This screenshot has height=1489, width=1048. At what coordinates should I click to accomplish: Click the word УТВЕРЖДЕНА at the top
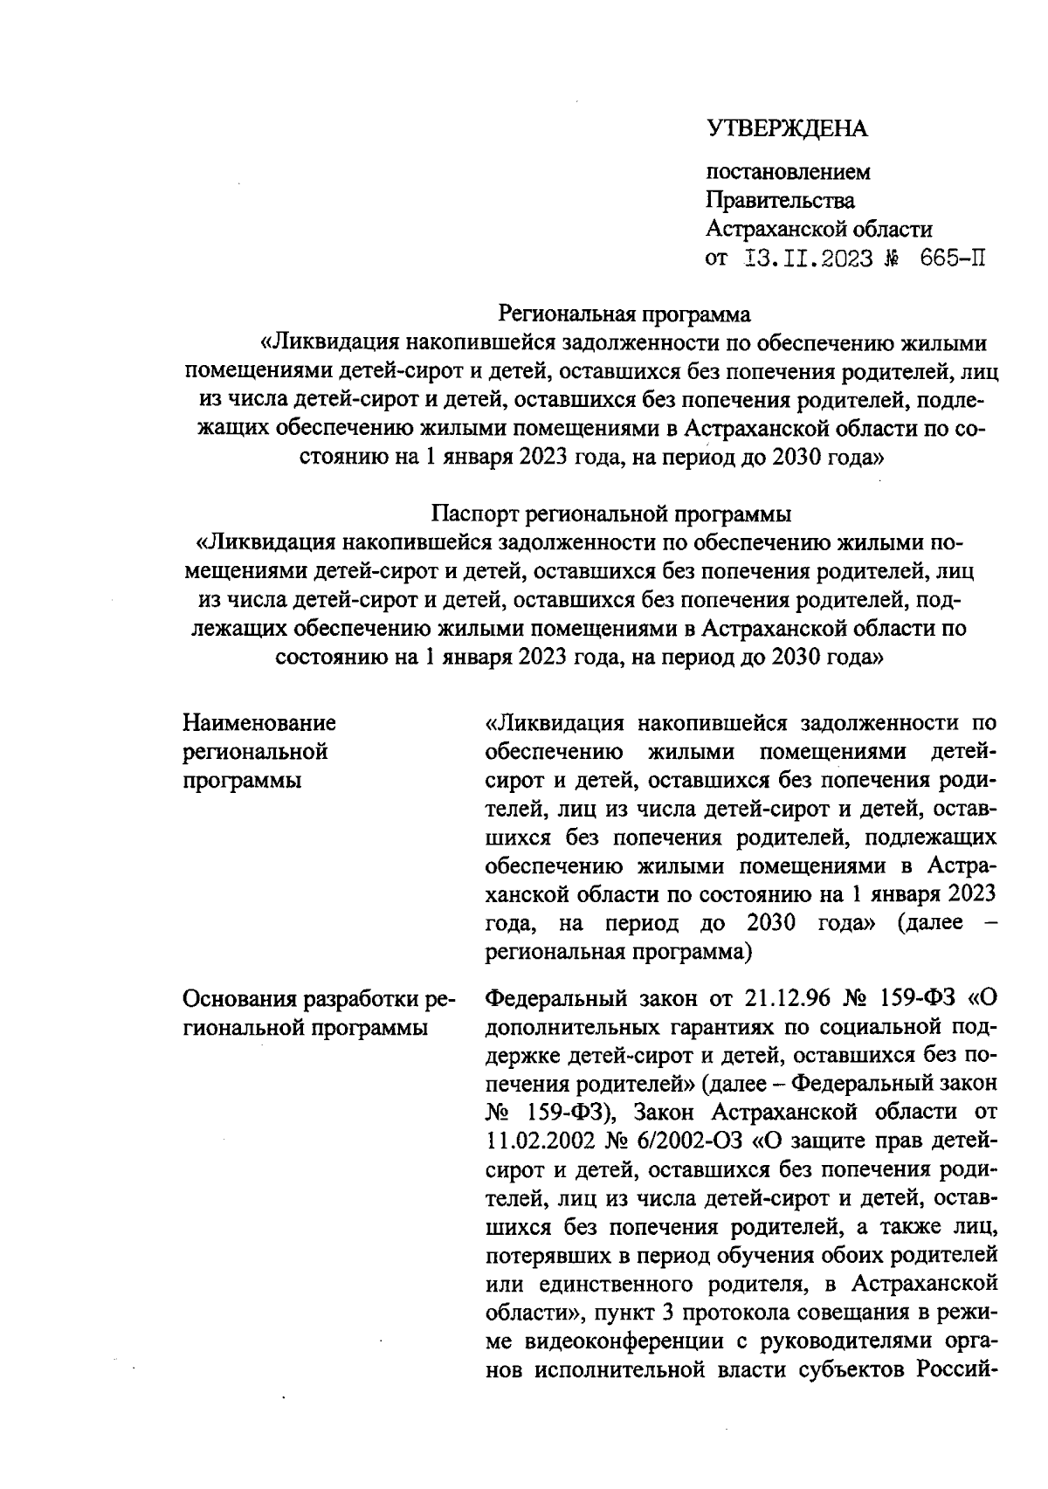[786, 129]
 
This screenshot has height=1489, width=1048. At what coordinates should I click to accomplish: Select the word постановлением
[788, 172]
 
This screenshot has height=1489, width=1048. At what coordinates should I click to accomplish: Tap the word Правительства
[780, 201]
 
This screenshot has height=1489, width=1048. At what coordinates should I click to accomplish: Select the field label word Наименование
[259, 723]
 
